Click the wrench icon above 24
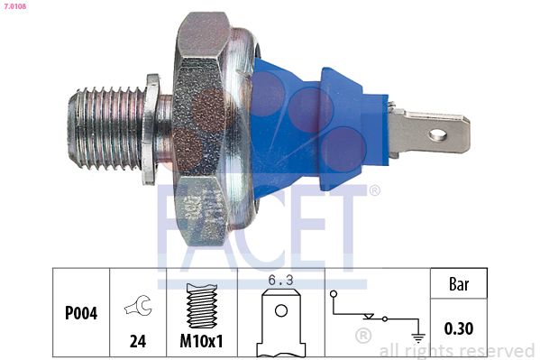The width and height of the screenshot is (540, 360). tap(139, 307)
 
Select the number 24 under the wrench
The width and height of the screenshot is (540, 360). tap(139, 341)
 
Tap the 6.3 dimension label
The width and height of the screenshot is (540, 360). tap(281, 282)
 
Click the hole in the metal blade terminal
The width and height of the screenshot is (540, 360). tap(439, 135)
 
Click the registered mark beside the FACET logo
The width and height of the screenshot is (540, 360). tap(375, 190)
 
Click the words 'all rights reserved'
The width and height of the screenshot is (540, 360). tap(456, 351)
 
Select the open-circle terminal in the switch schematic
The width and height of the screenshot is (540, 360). tap(334, 294)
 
